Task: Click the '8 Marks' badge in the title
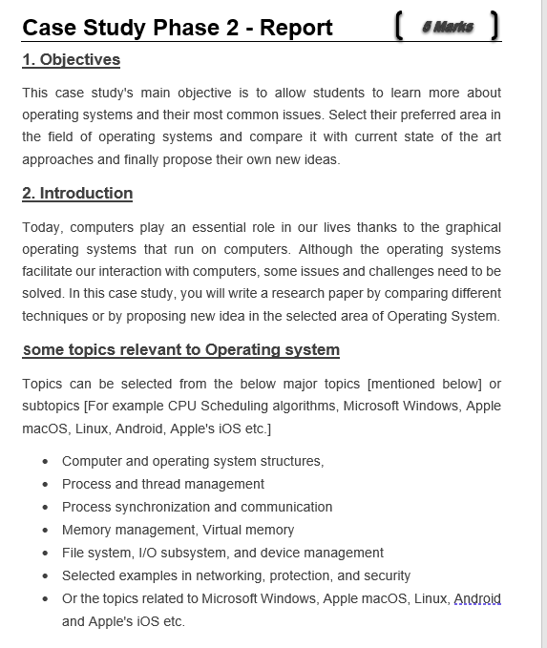[447, 27]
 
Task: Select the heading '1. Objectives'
[72, 60]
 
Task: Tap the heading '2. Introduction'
[77, 194]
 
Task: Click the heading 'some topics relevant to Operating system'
[180, 350]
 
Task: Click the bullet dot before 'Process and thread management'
[46, 485]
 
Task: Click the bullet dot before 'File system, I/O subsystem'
[46, 554]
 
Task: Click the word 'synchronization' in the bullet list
[162, 507]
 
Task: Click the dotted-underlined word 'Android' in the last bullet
[477, 599]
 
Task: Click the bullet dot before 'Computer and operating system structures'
[46, 462]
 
